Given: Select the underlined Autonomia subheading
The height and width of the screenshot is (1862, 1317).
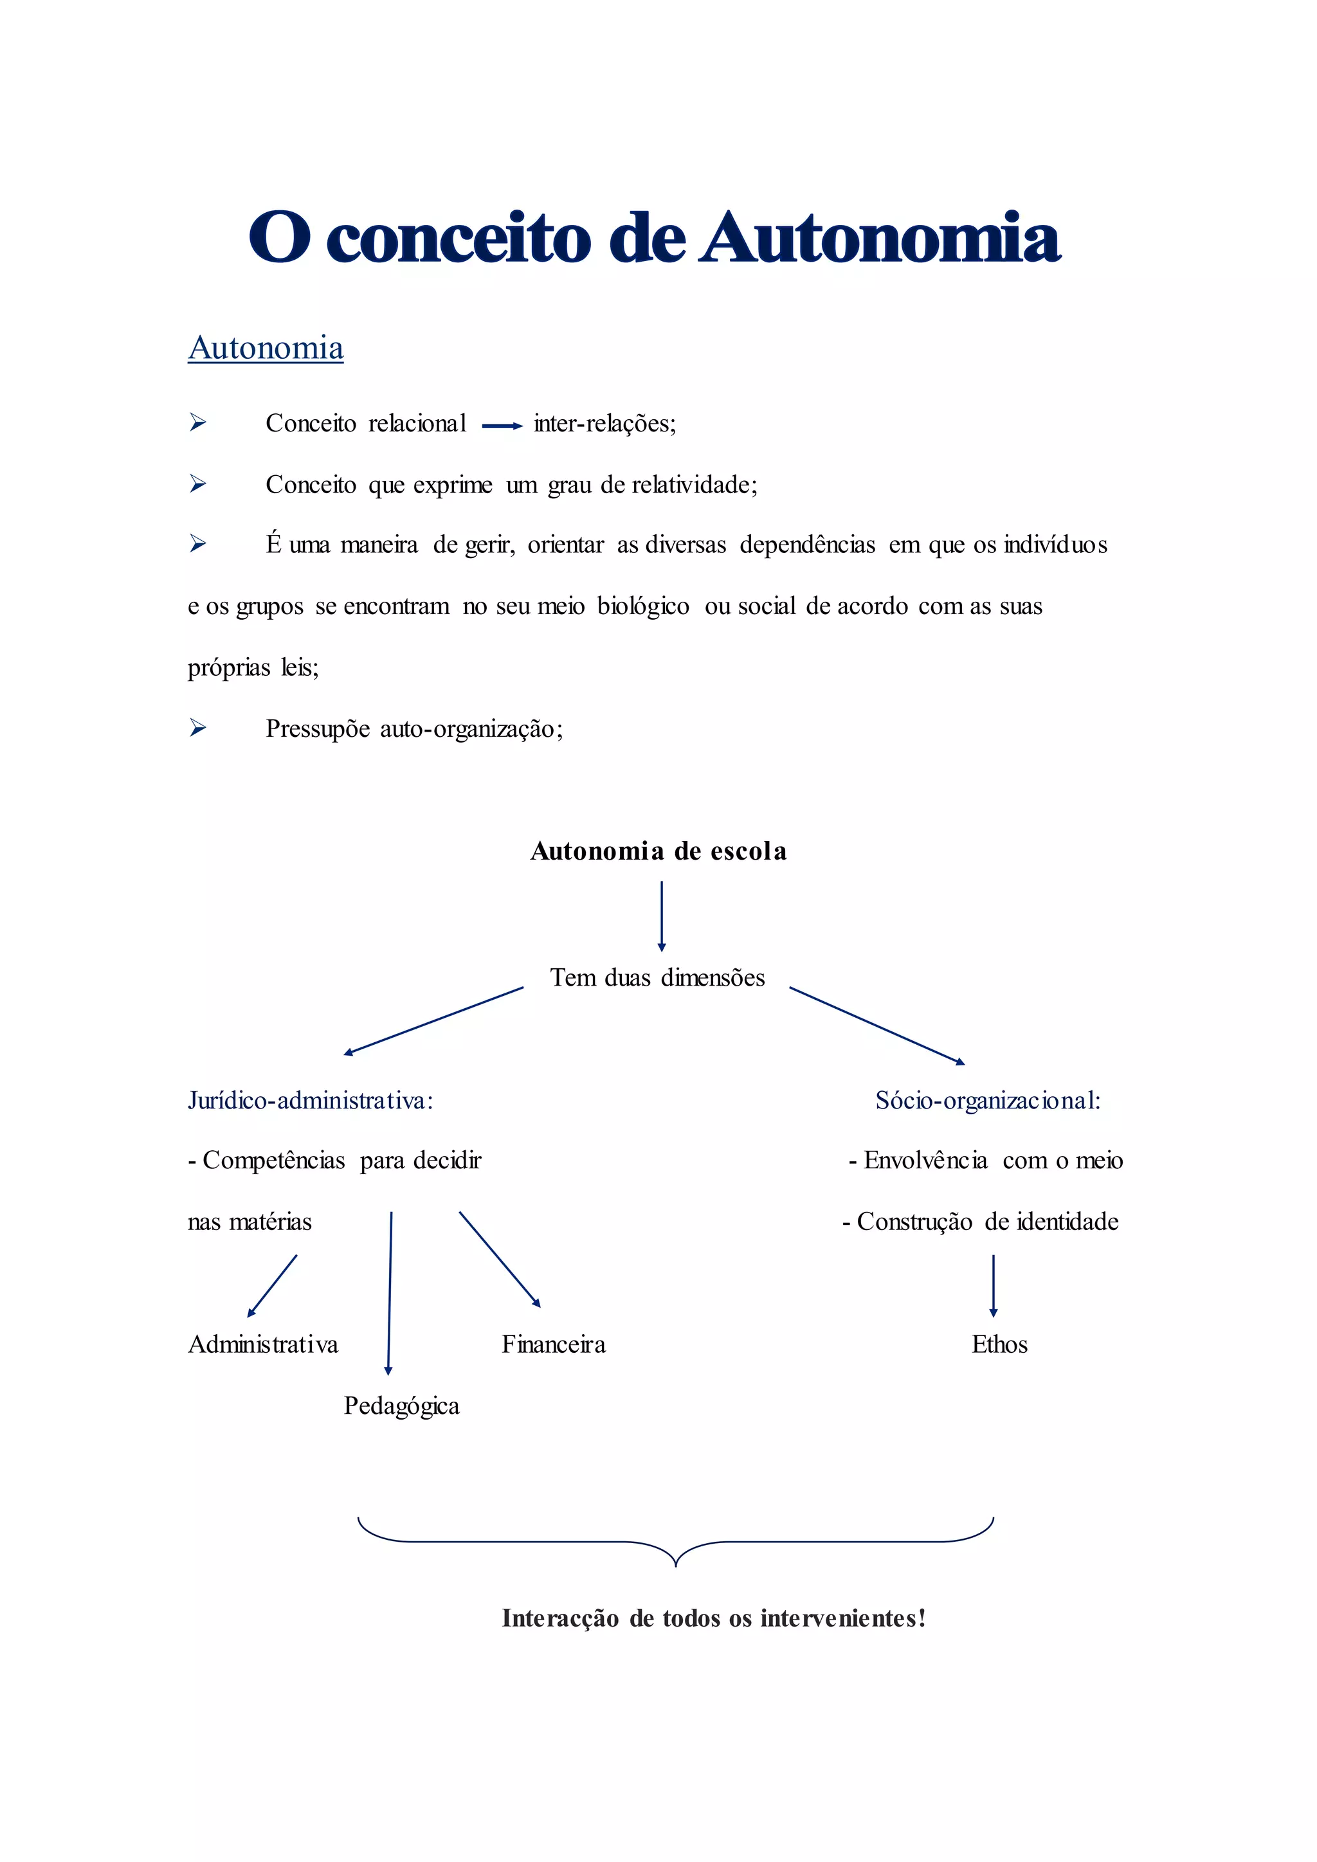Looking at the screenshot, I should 266,348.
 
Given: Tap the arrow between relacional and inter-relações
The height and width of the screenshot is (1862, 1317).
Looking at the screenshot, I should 502,426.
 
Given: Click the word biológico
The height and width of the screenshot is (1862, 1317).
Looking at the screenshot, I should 643,606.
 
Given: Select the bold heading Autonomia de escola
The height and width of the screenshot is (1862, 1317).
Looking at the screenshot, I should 658,851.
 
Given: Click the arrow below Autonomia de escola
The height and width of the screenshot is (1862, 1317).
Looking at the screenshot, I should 662,916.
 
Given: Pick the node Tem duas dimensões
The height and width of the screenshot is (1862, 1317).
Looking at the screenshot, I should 658,977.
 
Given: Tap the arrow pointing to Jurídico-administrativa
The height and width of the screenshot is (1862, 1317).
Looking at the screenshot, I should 434,1021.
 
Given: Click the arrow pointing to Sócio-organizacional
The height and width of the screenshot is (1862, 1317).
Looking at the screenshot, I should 876,1026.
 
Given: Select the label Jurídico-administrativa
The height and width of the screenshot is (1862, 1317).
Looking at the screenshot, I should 311,1101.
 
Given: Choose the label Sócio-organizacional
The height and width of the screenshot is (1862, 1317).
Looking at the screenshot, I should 988,1101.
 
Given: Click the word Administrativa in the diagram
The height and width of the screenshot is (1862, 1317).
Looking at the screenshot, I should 263,1344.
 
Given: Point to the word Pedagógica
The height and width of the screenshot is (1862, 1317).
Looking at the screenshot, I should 401,1406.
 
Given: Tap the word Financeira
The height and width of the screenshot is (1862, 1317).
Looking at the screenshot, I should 554,1344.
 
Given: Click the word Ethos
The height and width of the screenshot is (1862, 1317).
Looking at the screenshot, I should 999,1344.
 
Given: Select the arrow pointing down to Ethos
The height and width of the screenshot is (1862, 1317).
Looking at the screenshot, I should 994,1285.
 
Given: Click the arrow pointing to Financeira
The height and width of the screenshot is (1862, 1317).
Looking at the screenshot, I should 500,1260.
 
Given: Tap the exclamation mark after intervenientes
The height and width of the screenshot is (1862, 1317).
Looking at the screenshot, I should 922,1618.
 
